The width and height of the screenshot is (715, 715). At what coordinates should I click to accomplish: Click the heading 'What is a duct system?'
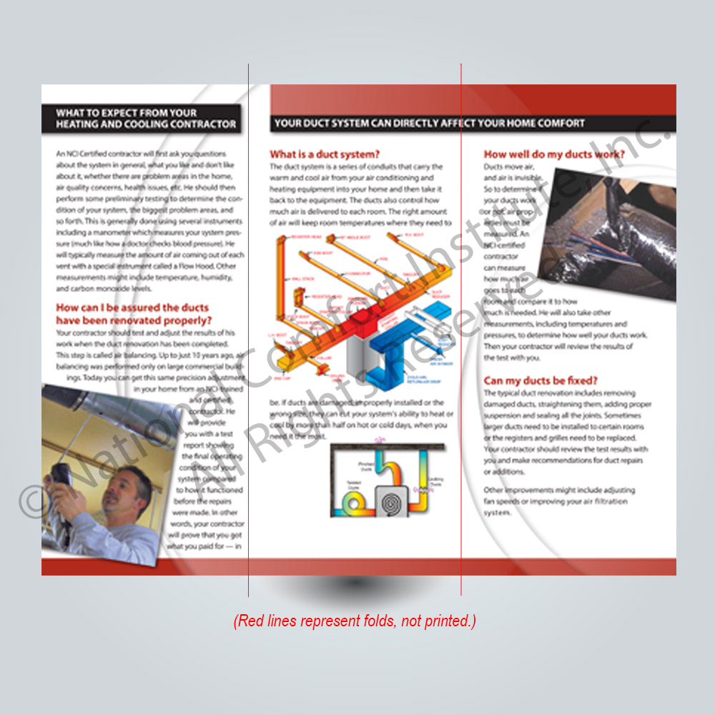324,154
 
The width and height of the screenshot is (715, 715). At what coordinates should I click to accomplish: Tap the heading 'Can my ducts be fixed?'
541,380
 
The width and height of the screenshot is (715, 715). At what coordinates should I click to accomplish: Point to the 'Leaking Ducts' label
434,480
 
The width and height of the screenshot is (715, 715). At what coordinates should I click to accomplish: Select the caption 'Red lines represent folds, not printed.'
355,621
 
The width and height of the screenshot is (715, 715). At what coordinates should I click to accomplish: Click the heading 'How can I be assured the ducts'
128,307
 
